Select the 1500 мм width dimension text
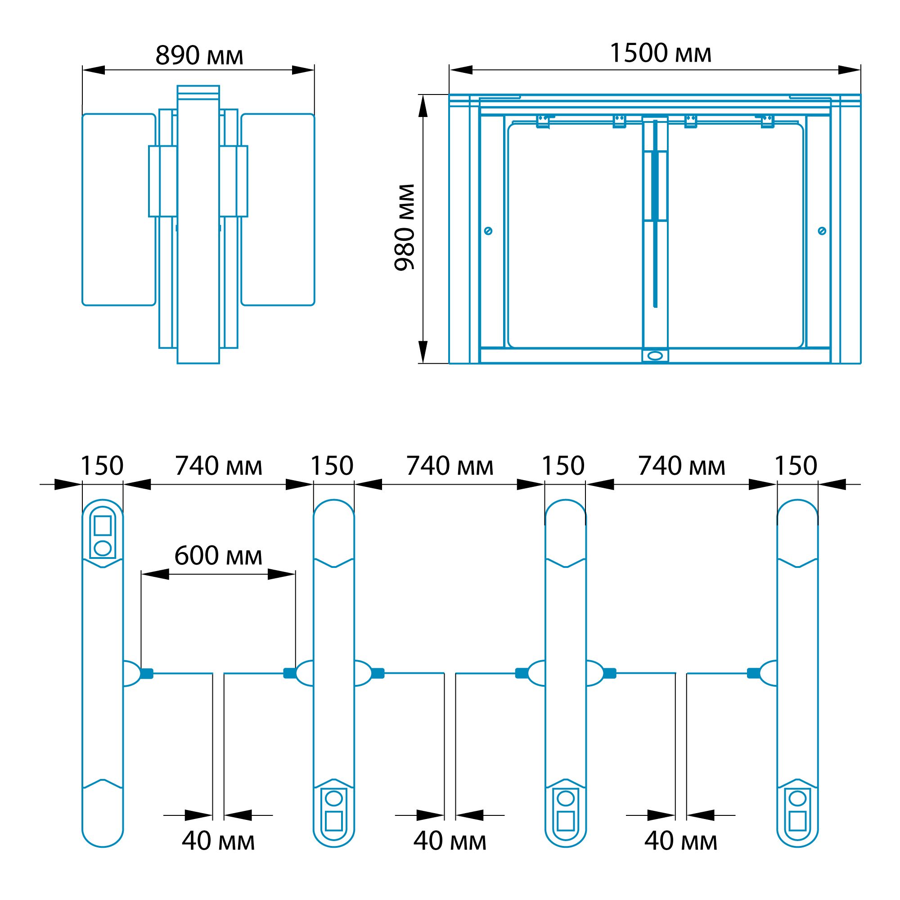point(660,53)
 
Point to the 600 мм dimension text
point(218,555)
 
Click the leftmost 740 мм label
point(219,466)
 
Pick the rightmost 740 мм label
point(681,466)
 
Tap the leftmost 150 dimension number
point(102,465)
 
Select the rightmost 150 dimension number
point(796,465)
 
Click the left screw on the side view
point(488,230)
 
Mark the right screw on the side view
point(822,230)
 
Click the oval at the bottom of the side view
point(655,355)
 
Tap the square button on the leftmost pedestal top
point(103,526)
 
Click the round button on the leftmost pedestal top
point(103,548)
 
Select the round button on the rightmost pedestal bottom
point(797,798)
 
